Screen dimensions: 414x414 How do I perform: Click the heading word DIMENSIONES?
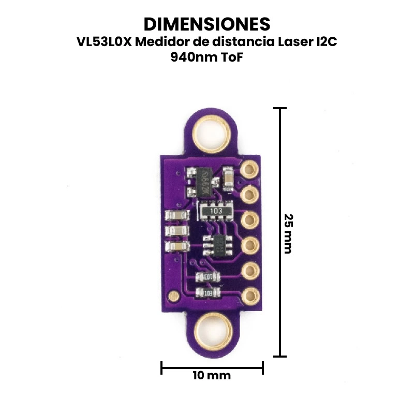(206, 24)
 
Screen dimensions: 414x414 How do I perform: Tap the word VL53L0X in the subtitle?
(104, 42)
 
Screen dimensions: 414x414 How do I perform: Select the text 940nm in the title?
(184, 57)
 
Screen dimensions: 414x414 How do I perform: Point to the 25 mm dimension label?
(288, 234)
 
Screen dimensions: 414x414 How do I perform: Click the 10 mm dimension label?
(212, 375)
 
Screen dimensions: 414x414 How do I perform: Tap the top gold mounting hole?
(211, 134)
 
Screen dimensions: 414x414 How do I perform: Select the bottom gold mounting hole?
(213, 332)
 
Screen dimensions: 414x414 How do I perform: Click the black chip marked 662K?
(204, 182)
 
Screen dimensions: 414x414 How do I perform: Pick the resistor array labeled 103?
(216, 211)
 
